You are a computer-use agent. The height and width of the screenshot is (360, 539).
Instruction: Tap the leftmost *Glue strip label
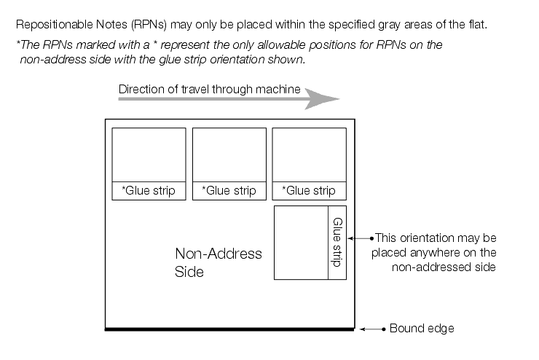point(149,191)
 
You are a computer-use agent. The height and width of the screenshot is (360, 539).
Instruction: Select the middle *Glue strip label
point(229,191)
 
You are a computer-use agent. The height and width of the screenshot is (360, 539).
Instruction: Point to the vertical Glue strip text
point(337,242)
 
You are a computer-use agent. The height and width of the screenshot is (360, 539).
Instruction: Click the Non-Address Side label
point(218,262)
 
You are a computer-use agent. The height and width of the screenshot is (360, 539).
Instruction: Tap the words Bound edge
point(422,329)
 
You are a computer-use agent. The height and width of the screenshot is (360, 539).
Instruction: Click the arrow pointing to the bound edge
point(373,329)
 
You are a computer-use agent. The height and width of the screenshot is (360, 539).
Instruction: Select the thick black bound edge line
point(230,330)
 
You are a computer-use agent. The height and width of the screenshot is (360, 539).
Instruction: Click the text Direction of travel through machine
point(209,89)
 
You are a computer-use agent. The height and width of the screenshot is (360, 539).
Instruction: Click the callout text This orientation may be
point(436,238)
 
